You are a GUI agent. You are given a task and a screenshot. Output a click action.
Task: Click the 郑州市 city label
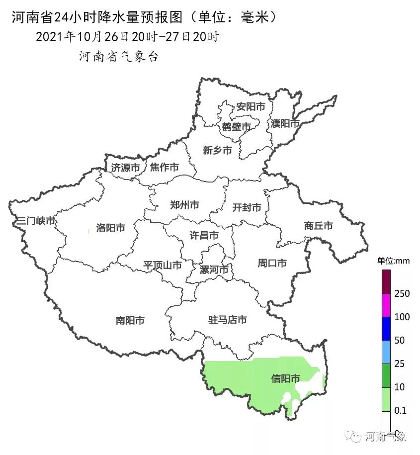click(184, 204)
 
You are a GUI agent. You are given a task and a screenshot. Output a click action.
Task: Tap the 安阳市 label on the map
click(251, 107)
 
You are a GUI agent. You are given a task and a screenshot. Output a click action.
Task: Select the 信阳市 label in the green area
click(285, 379)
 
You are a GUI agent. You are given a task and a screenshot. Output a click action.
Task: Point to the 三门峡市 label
click(35, 221)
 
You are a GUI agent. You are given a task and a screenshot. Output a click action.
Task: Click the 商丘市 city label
click(318, 226)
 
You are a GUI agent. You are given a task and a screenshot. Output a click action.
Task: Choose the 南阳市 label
click(130, 321)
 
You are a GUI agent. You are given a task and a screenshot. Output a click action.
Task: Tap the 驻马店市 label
click(227, 320)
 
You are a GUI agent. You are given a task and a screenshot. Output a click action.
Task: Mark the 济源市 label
click(125, 168)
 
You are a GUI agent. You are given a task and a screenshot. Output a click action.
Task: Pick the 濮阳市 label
click(285, 123)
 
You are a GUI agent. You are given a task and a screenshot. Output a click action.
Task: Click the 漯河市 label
click(214, 270)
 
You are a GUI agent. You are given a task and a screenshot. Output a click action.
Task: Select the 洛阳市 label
click(110, 228)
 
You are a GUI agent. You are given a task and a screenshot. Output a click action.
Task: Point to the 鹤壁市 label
click(236, 127)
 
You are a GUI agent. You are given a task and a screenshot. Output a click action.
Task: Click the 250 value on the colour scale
click(402, 294)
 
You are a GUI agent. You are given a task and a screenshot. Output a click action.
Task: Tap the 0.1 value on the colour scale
click(400, 411)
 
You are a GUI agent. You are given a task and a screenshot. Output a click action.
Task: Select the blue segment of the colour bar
click(386, 329)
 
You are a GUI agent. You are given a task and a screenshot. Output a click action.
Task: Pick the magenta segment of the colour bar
click(386, 305)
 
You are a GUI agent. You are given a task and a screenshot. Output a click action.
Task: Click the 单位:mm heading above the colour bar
click(393, 261)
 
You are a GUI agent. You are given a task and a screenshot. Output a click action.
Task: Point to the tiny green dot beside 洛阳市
click(88, 230)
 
